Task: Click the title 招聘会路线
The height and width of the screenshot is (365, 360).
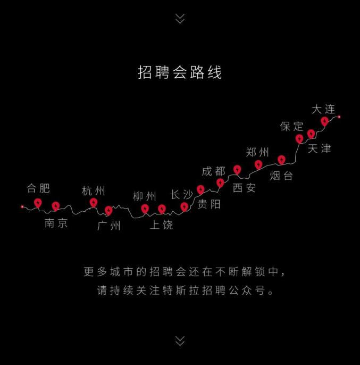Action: (x=180, y=72)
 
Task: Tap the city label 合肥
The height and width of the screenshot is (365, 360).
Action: (x=38, y=188)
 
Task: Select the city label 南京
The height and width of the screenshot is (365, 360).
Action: (x=56, y=223)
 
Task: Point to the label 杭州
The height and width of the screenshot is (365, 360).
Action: (x=93, y=191)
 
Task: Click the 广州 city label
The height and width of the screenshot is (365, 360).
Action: (x=109, y=226)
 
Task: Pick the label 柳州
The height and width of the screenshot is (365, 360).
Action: (x=145, y=196)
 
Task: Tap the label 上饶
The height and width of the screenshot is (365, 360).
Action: (x=161, y=225)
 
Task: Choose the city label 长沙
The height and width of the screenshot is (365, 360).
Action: (x=182, y=194)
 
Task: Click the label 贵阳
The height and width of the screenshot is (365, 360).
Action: (x=209, y=204)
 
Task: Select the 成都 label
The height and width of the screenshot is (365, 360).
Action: (x=213, y=171)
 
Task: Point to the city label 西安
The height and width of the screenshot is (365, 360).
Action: (x=244, y=188)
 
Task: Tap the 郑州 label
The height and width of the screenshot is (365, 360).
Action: (x=257, y=153)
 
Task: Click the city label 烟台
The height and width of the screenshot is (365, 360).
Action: (x=281, y=176)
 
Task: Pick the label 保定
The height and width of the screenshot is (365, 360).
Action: (x=291, y=126)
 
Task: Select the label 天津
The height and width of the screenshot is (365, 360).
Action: (x=319, y=148)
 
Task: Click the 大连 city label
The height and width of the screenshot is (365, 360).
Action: (x=323, y=109)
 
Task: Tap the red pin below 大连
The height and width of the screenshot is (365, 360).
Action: (x=324, y=121)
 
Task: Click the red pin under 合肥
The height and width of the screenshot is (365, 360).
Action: (x=38, y=203)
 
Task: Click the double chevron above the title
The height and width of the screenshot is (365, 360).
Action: (x=180, y=19)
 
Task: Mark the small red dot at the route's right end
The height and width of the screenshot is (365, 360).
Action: (x=339, y=117)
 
